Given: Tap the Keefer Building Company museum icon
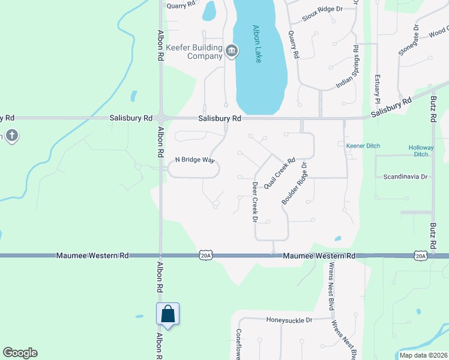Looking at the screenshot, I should click(232, 52).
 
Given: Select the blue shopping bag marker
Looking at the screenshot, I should click(167, 314).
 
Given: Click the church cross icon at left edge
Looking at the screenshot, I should click(11, 136).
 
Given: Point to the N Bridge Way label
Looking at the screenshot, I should click(194, 160).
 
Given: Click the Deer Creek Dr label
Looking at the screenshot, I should click(255, 202).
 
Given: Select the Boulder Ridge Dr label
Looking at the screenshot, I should click(295, 184).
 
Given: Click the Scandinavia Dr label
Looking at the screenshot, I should click(405, 177).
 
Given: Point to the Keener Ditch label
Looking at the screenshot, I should click(364, 146).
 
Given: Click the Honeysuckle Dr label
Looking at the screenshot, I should click(289, 320).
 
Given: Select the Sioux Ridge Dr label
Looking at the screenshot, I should click(322, 9).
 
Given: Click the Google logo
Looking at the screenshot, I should click(20, 353).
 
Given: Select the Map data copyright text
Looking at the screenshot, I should click(423, 355).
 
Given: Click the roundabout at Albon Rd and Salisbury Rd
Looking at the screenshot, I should click(161, 118).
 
